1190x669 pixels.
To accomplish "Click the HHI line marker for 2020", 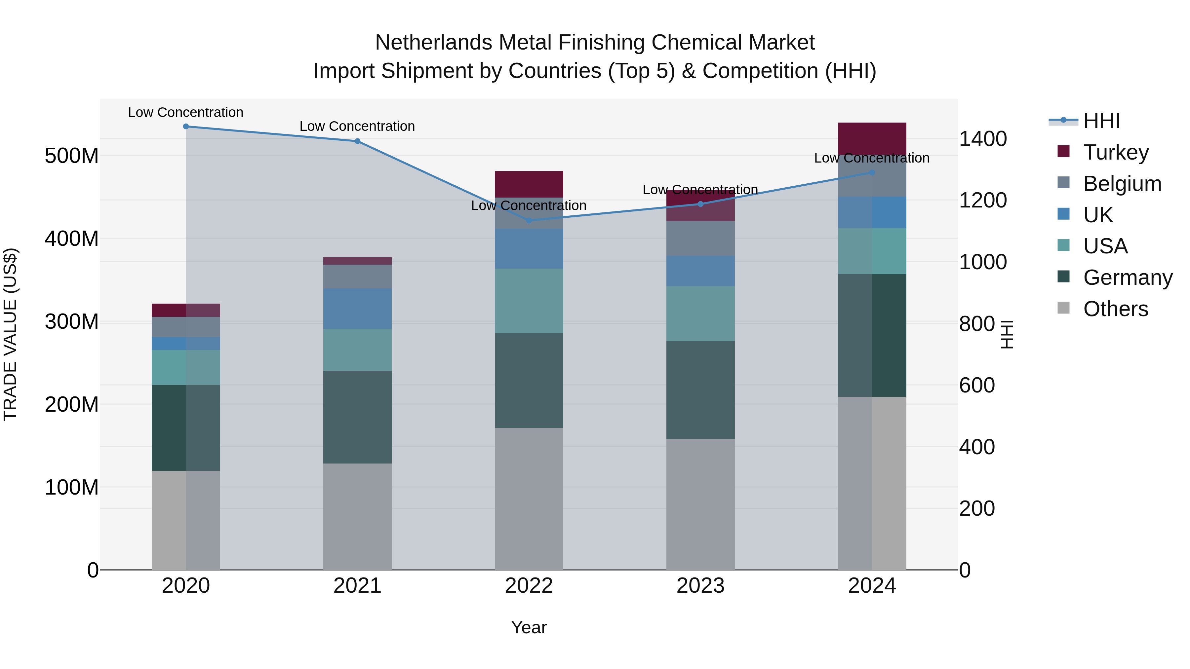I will tap(186, 127).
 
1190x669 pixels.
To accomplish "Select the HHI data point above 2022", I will tap(529, 220).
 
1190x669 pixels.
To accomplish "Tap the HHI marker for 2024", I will tap(872, 173).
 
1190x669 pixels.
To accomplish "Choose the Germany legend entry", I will tap(1127, 278).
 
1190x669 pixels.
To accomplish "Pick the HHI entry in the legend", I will tap(1101, 121).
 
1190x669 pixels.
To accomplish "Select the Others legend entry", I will tap(1115, 309).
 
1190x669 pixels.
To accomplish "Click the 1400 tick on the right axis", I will tap(983, 139).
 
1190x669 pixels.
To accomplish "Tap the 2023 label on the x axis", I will tap(700, 586).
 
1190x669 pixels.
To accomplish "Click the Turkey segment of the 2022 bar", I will tap(529, 184).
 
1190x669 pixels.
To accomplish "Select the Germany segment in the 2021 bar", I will tap(357, 417).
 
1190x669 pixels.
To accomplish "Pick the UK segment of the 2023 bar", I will tap(700, 271).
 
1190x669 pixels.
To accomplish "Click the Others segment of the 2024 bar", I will tap(872, 483).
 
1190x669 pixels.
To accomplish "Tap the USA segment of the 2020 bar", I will tap(186, 367).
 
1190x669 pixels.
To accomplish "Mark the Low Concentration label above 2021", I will tap(357, 127).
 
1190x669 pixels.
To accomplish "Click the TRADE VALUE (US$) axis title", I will tap(10, 334).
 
